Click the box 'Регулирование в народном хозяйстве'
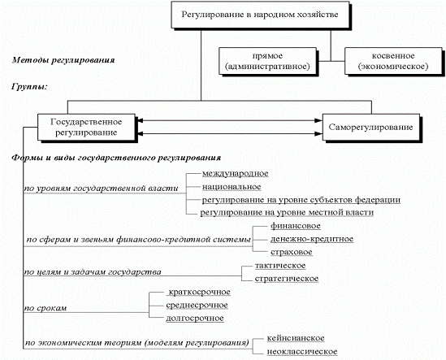click(260, 15)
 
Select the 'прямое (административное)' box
click(267, 61)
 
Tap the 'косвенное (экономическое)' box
click(393, 61)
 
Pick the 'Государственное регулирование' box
click(86, 127)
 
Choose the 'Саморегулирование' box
click(371, 127)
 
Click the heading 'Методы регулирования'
click(63, 60)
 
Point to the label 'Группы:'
click(29, 86)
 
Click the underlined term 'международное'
click(236, 174)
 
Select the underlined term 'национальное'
click(232, 187)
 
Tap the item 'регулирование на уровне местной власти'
click(287, 213)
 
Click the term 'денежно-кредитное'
click(312, 239)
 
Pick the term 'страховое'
click(292, 252)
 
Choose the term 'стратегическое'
click(287, 279)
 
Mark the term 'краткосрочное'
click(199, 293)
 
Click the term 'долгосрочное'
click(195, 319)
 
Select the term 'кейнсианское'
click(296, 338)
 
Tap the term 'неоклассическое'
click(302, 352)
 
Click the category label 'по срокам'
click(45, 309)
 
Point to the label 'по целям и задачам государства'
click(93, 272)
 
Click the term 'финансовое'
click(295, 226)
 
